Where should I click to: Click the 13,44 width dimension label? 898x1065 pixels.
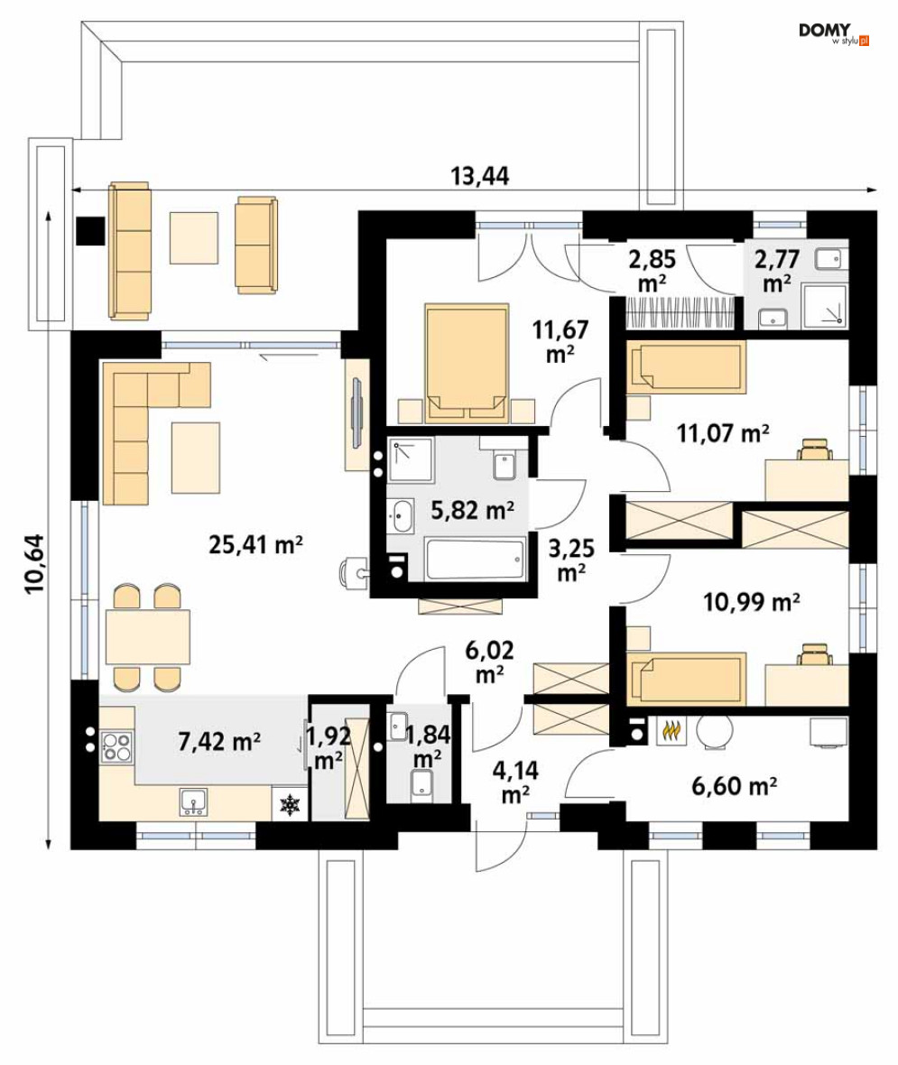pyautogui.click(x=479, y=176)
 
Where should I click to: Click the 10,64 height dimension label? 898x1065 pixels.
pyautogui.click(x=34, y=564)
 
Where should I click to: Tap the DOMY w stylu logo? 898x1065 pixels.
pyautogui.click(x=833, y=34)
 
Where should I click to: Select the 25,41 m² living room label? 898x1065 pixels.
pyautogui.click(x=255, y=544)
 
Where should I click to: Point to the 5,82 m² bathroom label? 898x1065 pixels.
pyautogui.click(x=472, y=509)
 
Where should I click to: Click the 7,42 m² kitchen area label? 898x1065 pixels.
pyautogui.click(x=219, y=741)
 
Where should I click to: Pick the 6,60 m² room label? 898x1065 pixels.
pyautogui.click(x=735, y=786)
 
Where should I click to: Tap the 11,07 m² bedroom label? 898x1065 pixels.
pyautogui.click(x=723, y=432)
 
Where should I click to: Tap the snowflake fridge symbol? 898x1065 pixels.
pyautogui.click(x=290, y=805)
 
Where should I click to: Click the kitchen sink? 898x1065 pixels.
pyautogui.click(x=194, y=801)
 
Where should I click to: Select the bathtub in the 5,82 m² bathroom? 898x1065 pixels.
pyautogui.click(x=475, y=559)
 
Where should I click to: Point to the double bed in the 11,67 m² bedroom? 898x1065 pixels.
pyautogui.click(x=467, y=363)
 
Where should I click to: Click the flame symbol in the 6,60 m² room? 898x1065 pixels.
pyautogui.click(x=671, y=730)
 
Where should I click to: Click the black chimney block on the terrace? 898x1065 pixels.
pyautogui.click(x=90, y=230)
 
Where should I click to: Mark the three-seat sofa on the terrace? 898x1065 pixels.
pyautogui.click(x=129, y=250)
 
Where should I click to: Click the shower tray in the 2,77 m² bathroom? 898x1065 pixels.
pyautogui.click(x=825, y=306)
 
